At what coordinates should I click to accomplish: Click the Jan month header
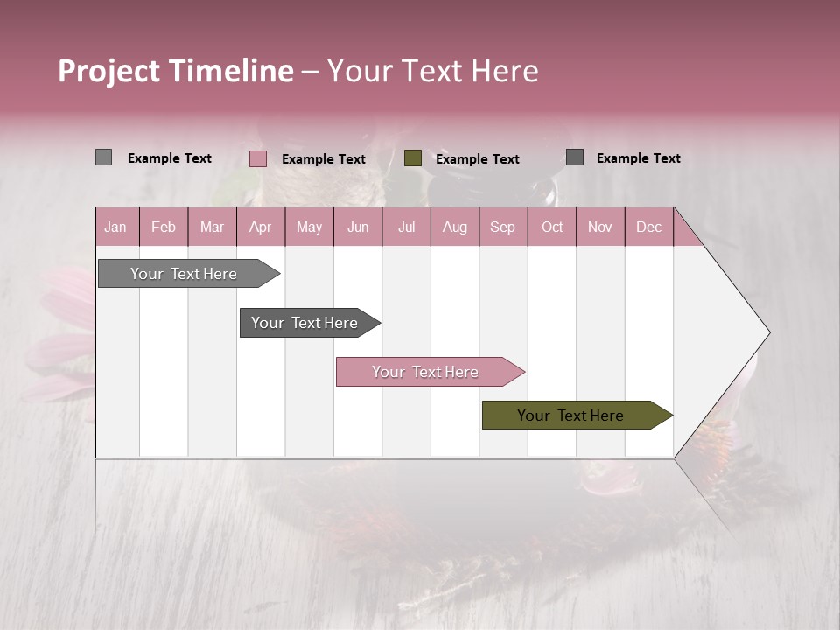coord(116,227)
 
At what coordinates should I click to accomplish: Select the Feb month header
coord(164,227)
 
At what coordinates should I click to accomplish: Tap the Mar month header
coord(212,227)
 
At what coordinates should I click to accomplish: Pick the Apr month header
coord(261,227)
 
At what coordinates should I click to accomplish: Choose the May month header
coord(309,227)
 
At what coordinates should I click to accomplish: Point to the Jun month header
coord(358,227)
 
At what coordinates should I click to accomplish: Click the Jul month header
coord(406,227)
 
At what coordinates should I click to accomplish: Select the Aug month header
coord(455,227)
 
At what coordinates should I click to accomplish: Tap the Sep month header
coord(503,227)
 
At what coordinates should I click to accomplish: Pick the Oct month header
coord(552,227)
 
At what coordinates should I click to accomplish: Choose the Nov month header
coord(600,227)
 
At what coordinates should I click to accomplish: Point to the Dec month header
coord(649,227)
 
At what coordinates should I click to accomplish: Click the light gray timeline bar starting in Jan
coord(185,274)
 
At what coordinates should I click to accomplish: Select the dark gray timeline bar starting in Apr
coord(305,323)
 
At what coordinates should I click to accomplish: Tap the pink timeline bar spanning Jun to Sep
coord(426,372)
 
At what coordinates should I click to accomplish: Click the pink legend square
coord(258,158)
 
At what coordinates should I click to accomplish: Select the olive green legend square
coord(413,158)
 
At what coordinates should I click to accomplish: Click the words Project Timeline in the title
coord(176,71)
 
